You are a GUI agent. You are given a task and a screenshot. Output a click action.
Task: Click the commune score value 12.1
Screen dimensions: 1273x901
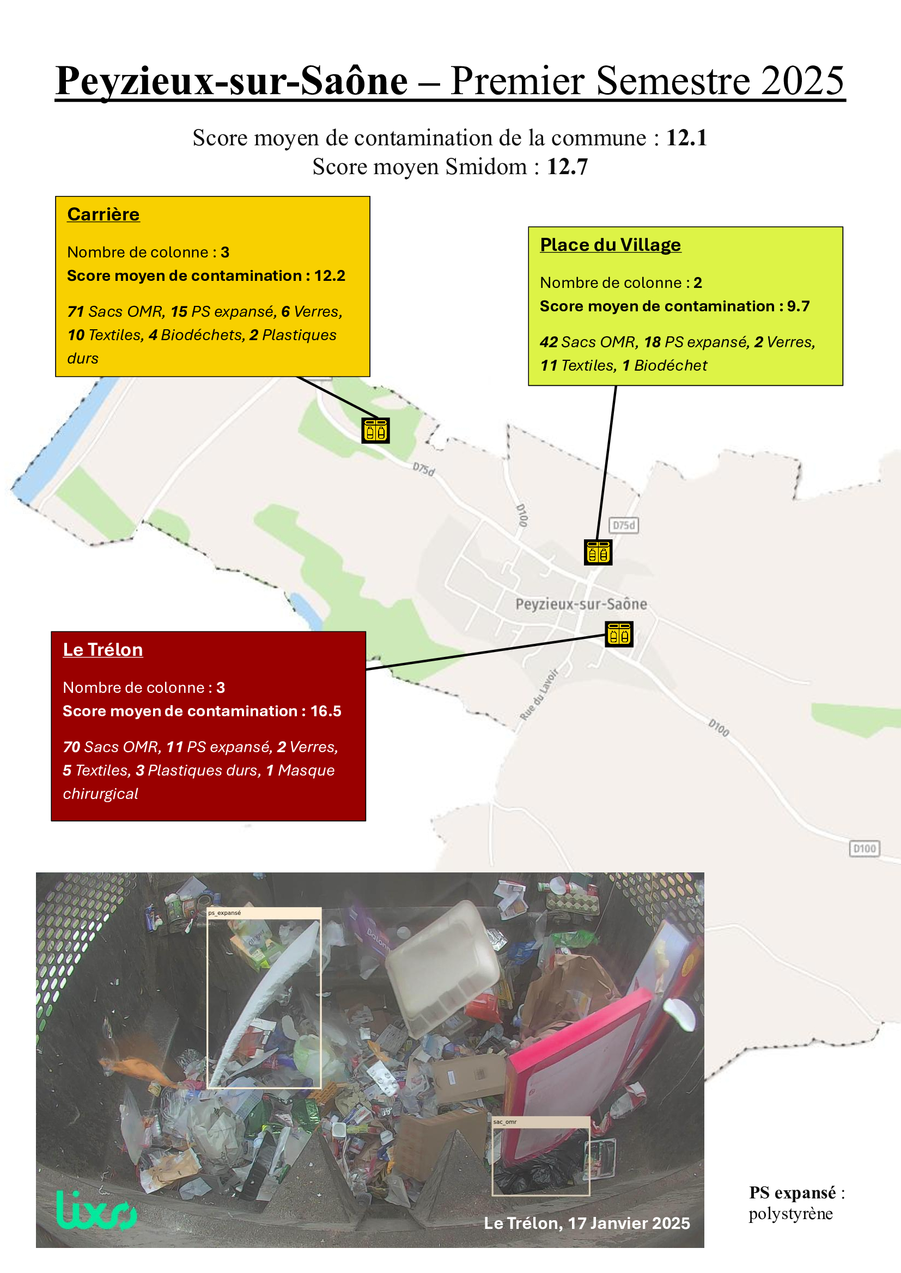(x=686, y=138)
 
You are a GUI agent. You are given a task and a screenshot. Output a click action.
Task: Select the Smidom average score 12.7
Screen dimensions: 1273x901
(x=567, y=167)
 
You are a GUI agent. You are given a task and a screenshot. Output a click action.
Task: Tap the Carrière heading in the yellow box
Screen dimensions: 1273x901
(x=103, y=214)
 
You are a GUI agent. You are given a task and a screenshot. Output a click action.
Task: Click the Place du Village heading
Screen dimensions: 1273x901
(x=610, y=245)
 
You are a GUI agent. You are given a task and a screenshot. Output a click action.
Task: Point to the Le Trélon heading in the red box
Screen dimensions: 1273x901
(x=102, y=650)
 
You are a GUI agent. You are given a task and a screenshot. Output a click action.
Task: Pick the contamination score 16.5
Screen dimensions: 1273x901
(x=326, y=711)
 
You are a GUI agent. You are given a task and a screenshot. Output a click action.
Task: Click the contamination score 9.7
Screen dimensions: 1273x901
(x=799, y=306)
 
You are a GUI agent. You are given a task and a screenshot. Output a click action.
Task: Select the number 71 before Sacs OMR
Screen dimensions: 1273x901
(x=76, y=312)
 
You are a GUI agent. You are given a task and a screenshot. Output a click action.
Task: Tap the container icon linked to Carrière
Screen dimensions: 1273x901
(x=376, y=431)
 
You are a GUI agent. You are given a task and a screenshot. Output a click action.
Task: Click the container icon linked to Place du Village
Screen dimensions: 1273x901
(x=598, y=552)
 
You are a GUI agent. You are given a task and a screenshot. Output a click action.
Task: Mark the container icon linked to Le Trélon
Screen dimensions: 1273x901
(x=619, y=634)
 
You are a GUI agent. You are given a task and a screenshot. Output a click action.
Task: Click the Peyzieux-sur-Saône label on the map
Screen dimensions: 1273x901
(x=581, y=604)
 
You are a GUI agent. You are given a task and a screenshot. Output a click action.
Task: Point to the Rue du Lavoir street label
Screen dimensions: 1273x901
(x=539, y=694)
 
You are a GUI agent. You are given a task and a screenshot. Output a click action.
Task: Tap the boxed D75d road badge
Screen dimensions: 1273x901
(x=624, y=525)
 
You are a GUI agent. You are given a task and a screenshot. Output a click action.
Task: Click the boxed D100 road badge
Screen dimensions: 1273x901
(x=865, y=849)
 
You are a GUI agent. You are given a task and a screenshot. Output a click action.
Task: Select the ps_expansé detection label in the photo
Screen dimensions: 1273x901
(x=224, y=913)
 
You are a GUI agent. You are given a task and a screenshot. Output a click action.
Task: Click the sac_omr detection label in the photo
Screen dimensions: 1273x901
(x=505, y=1122)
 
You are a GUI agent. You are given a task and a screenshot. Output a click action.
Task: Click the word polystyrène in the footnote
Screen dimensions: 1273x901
(x=790, y=1214)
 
